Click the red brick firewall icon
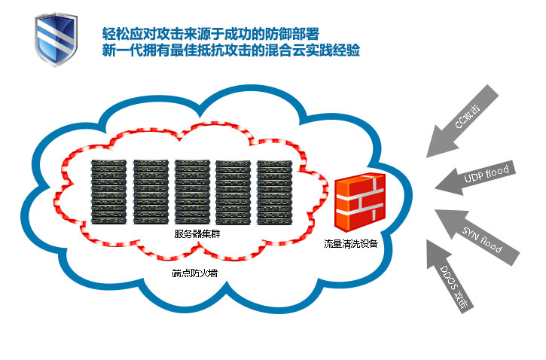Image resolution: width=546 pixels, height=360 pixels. click(x=359, y=204)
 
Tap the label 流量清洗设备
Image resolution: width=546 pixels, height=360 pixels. click(x=351, y=244)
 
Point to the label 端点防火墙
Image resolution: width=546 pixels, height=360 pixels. click(x=194, y=273)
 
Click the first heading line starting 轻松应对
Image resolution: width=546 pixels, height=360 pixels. click(x=211, y=35)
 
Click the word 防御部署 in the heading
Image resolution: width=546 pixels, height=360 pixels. click(x=294, y=35)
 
